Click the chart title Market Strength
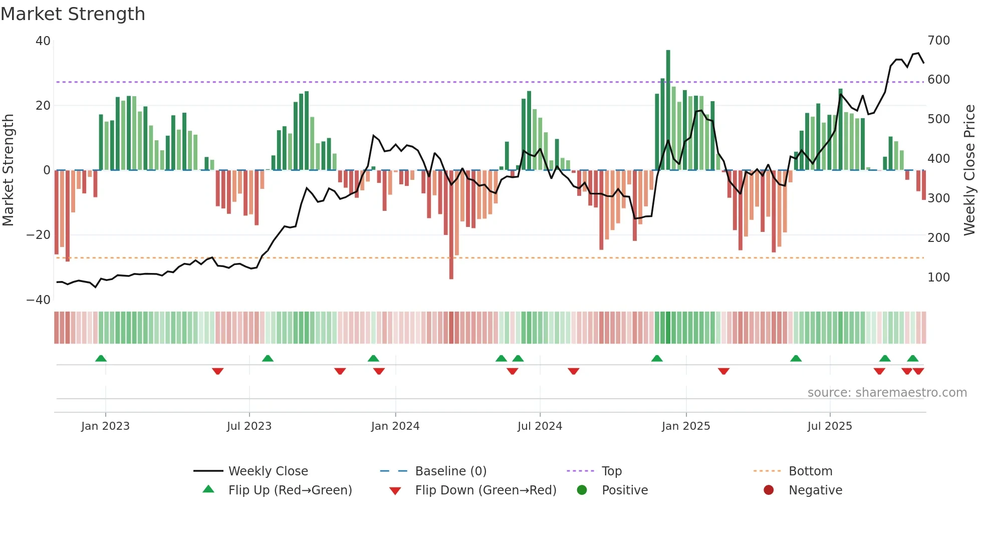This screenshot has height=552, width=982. (73, 14)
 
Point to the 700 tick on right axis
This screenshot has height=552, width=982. (938, 41)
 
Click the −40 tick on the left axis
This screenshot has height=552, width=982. (38, 300)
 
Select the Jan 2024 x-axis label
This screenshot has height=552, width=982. (395, 426)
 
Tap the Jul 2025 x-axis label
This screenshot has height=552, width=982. (830, 426)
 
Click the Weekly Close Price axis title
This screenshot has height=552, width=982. (969, 170)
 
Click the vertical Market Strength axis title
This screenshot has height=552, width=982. (8, 170)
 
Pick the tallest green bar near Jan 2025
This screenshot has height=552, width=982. (668, 110)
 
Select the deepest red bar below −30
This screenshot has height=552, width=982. (451, 225)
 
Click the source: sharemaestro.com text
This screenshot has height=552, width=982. (887, 393)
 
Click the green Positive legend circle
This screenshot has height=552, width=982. (582, 490)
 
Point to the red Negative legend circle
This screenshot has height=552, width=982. (769, 490)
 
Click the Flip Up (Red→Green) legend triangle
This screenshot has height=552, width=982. (208, 489)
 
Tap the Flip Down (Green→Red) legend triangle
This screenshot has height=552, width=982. (395, 491)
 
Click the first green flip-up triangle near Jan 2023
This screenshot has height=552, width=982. (101, 358)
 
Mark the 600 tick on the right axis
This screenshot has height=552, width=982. (938, 80)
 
